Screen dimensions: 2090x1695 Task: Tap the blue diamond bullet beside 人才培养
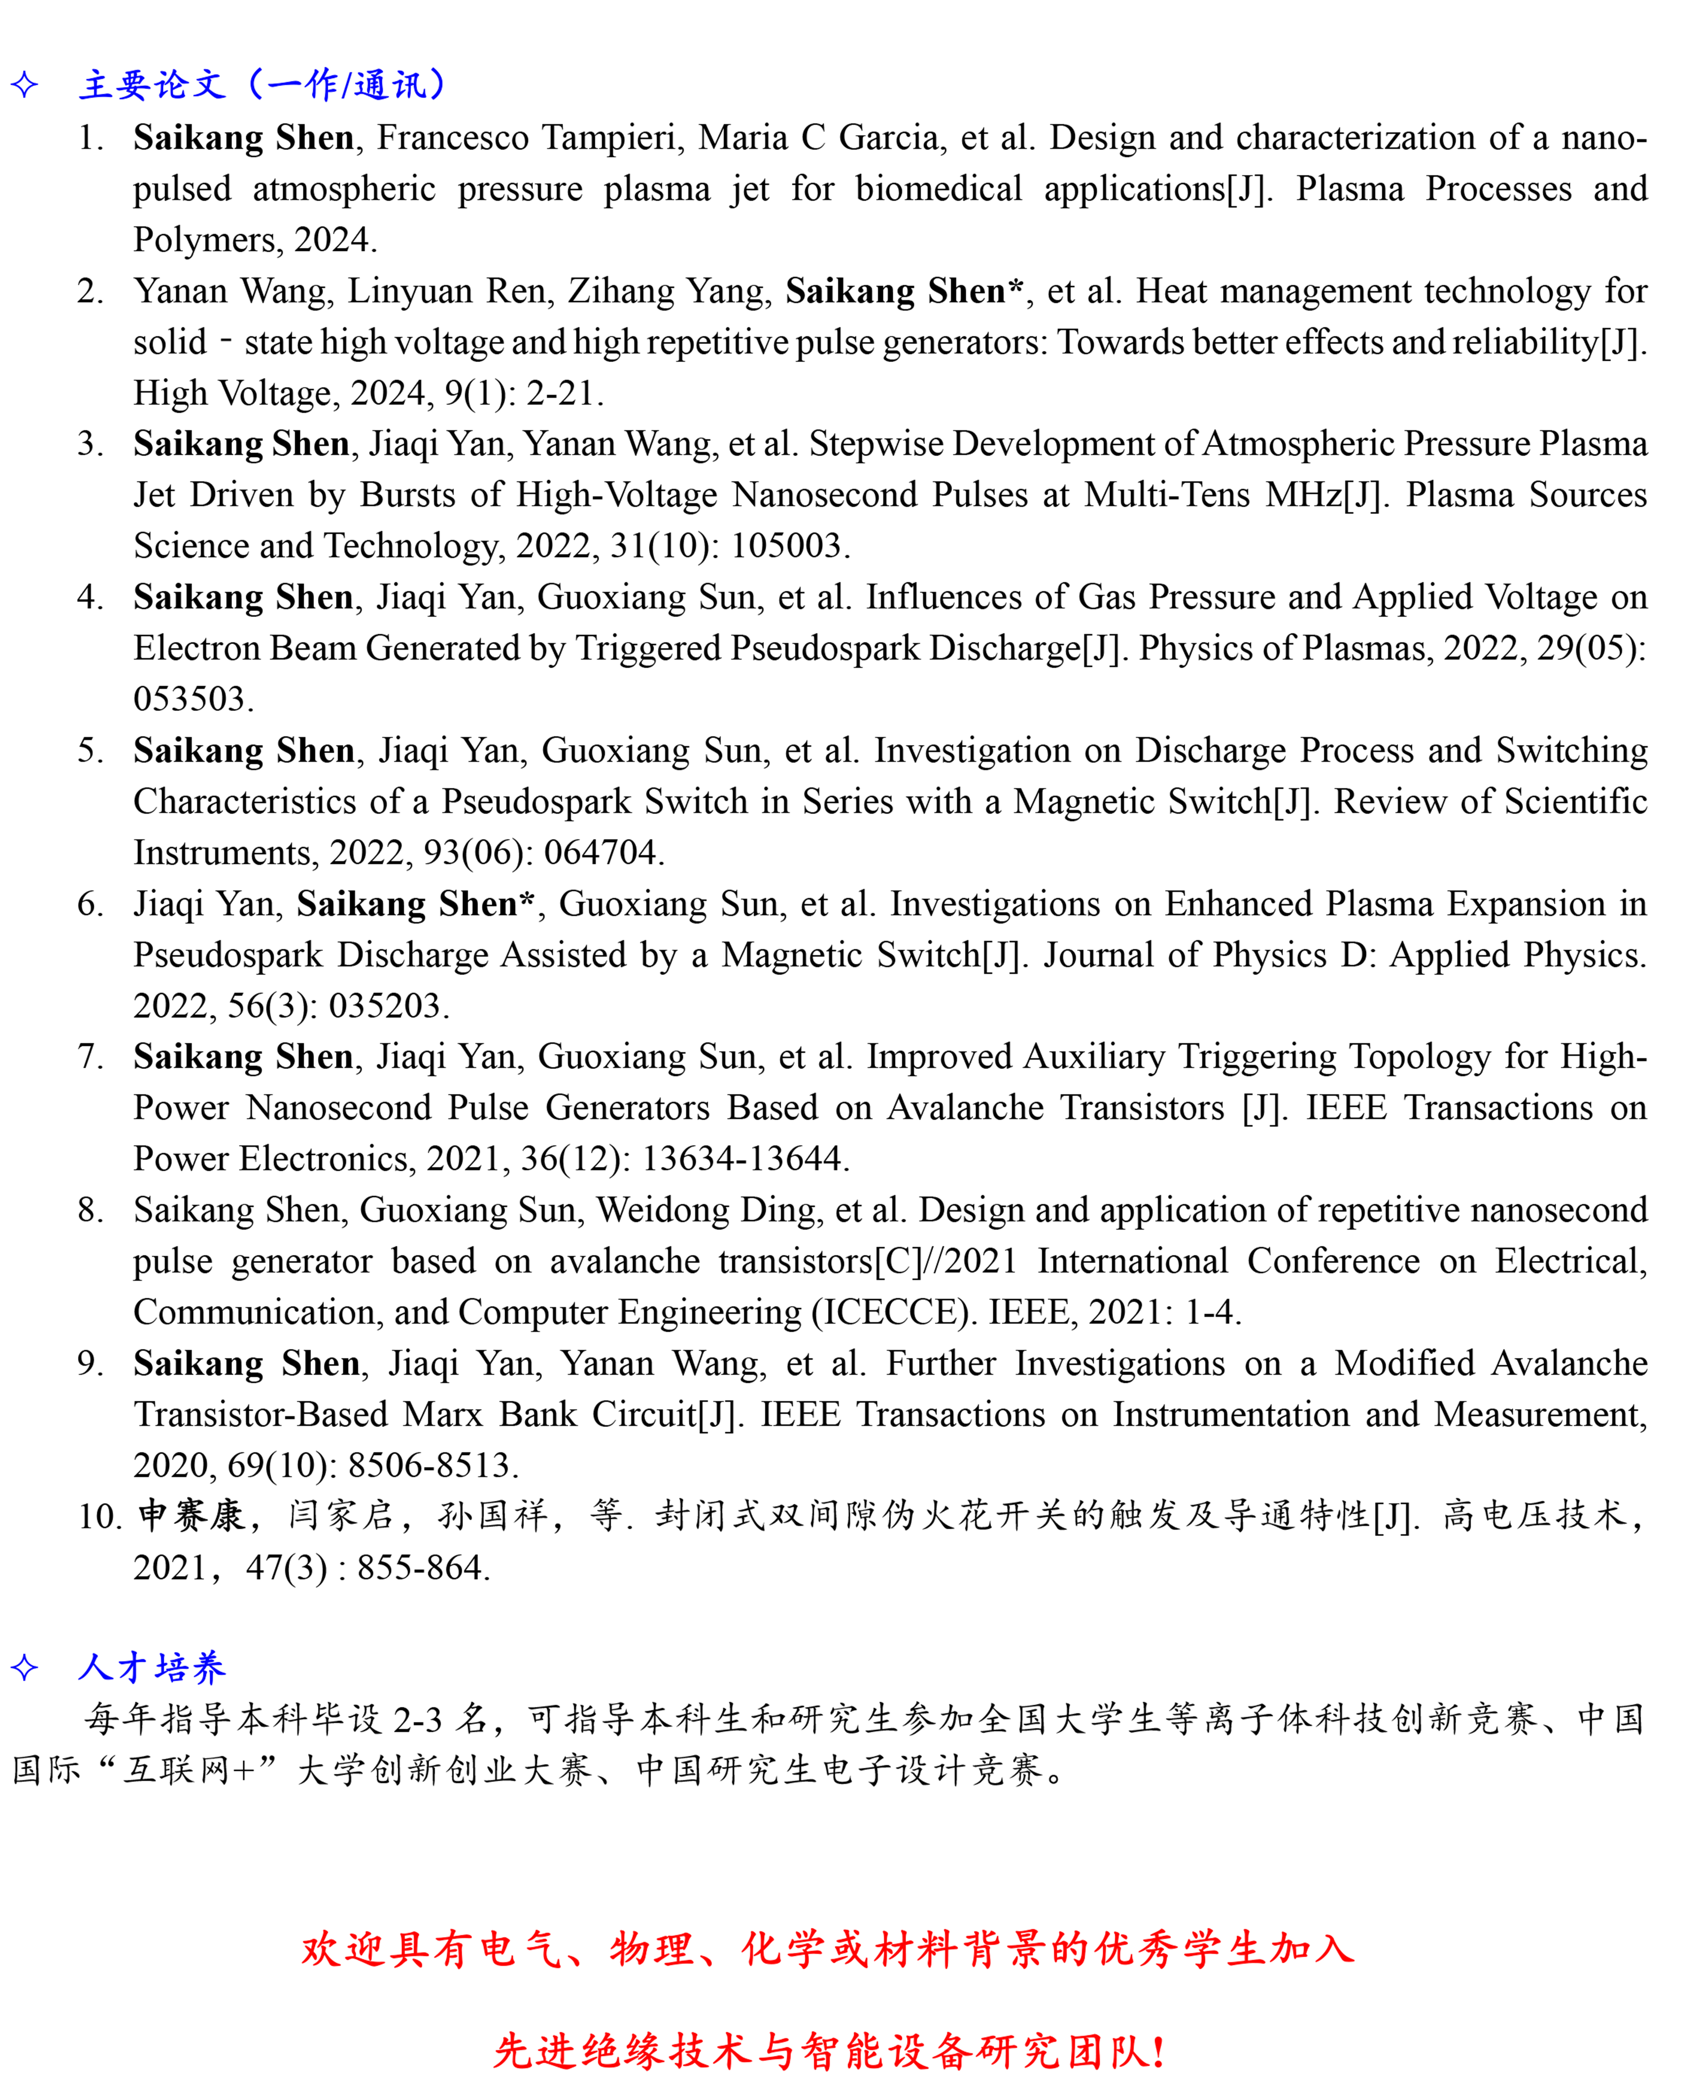(24, 1667)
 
